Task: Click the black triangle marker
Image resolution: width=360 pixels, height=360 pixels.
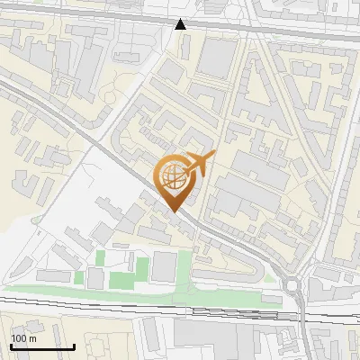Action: coord(181,24)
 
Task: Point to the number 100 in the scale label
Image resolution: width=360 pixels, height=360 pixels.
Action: coord(19,338)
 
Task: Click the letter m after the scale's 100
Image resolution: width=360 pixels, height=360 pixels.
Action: coord(32,338)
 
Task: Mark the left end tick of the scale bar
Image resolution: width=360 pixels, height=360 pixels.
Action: coord(11,346)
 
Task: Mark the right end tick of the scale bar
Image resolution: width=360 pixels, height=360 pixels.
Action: coord(75,346)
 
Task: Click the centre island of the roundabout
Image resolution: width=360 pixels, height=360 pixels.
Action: coord(293,287)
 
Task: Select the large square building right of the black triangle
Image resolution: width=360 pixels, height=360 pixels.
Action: coord(217,57)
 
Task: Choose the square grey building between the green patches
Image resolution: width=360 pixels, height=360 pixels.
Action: coord(164,266)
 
